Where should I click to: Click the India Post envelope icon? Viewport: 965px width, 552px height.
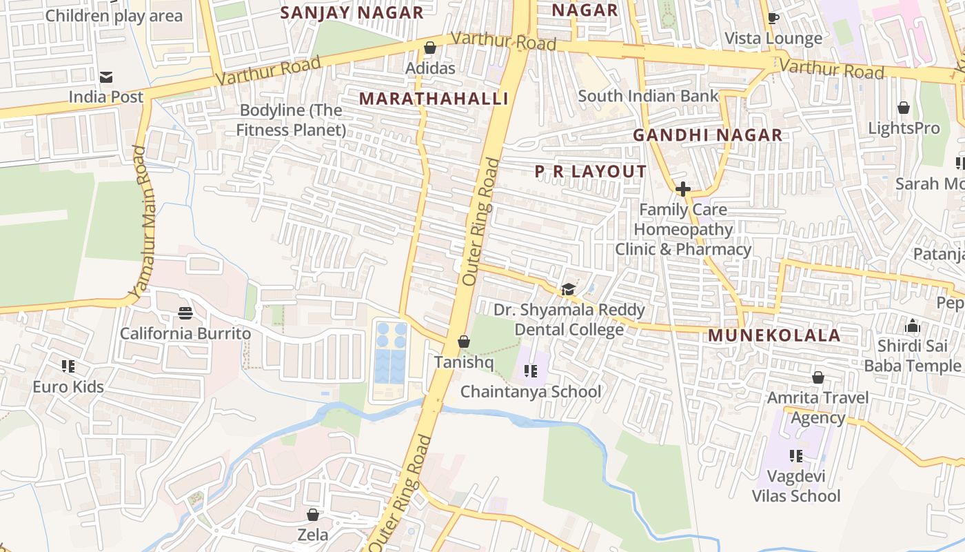coord(106,77)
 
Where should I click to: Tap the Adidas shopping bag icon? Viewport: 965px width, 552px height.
coord(430,48)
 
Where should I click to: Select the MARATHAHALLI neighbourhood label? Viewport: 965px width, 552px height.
coord(434,99)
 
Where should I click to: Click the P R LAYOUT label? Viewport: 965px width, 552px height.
coord(591,171)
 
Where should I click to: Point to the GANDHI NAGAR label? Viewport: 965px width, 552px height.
coord(708,135)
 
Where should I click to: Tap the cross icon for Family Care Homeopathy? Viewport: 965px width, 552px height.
coord(683,188)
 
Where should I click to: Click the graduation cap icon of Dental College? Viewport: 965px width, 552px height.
coord(568,289)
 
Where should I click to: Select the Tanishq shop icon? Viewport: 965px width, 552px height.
coord(464,342)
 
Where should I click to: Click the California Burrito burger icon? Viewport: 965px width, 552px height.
coord(185,313)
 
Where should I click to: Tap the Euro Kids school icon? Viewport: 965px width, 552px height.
coord(68,366)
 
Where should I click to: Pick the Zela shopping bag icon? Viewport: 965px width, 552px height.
coord(313,515)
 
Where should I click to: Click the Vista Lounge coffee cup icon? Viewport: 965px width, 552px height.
coord(773,18)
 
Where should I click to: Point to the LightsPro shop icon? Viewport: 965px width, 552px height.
coord(903,108)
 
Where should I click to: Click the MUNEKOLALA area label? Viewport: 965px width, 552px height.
coord(774,336)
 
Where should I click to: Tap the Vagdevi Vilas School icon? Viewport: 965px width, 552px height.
coord(796,455)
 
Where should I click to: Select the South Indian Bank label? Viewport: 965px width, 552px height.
coord(648,96)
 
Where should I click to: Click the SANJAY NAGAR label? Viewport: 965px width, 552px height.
coord(352,12)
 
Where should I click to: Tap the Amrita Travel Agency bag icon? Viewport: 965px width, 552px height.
coord(817,377)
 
